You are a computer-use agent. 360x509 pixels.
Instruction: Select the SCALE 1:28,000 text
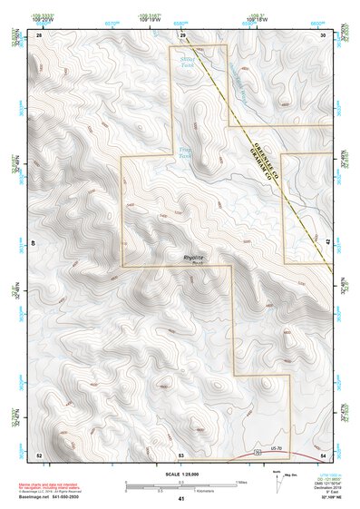[181, 474]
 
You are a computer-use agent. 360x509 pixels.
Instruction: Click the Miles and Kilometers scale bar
[181, 485]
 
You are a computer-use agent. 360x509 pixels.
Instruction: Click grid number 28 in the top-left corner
[39, 34]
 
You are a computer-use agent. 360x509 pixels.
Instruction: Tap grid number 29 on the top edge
[181, 34]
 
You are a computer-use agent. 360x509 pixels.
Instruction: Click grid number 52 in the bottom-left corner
[38, 454]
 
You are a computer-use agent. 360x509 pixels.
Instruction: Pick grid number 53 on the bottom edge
[181, 454]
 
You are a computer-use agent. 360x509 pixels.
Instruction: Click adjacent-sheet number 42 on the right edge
[327, 243]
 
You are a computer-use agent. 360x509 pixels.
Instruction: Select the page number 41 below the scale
[181, 500]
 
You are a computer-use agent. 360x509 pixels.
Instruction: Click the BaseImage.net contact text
[50, 499]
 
